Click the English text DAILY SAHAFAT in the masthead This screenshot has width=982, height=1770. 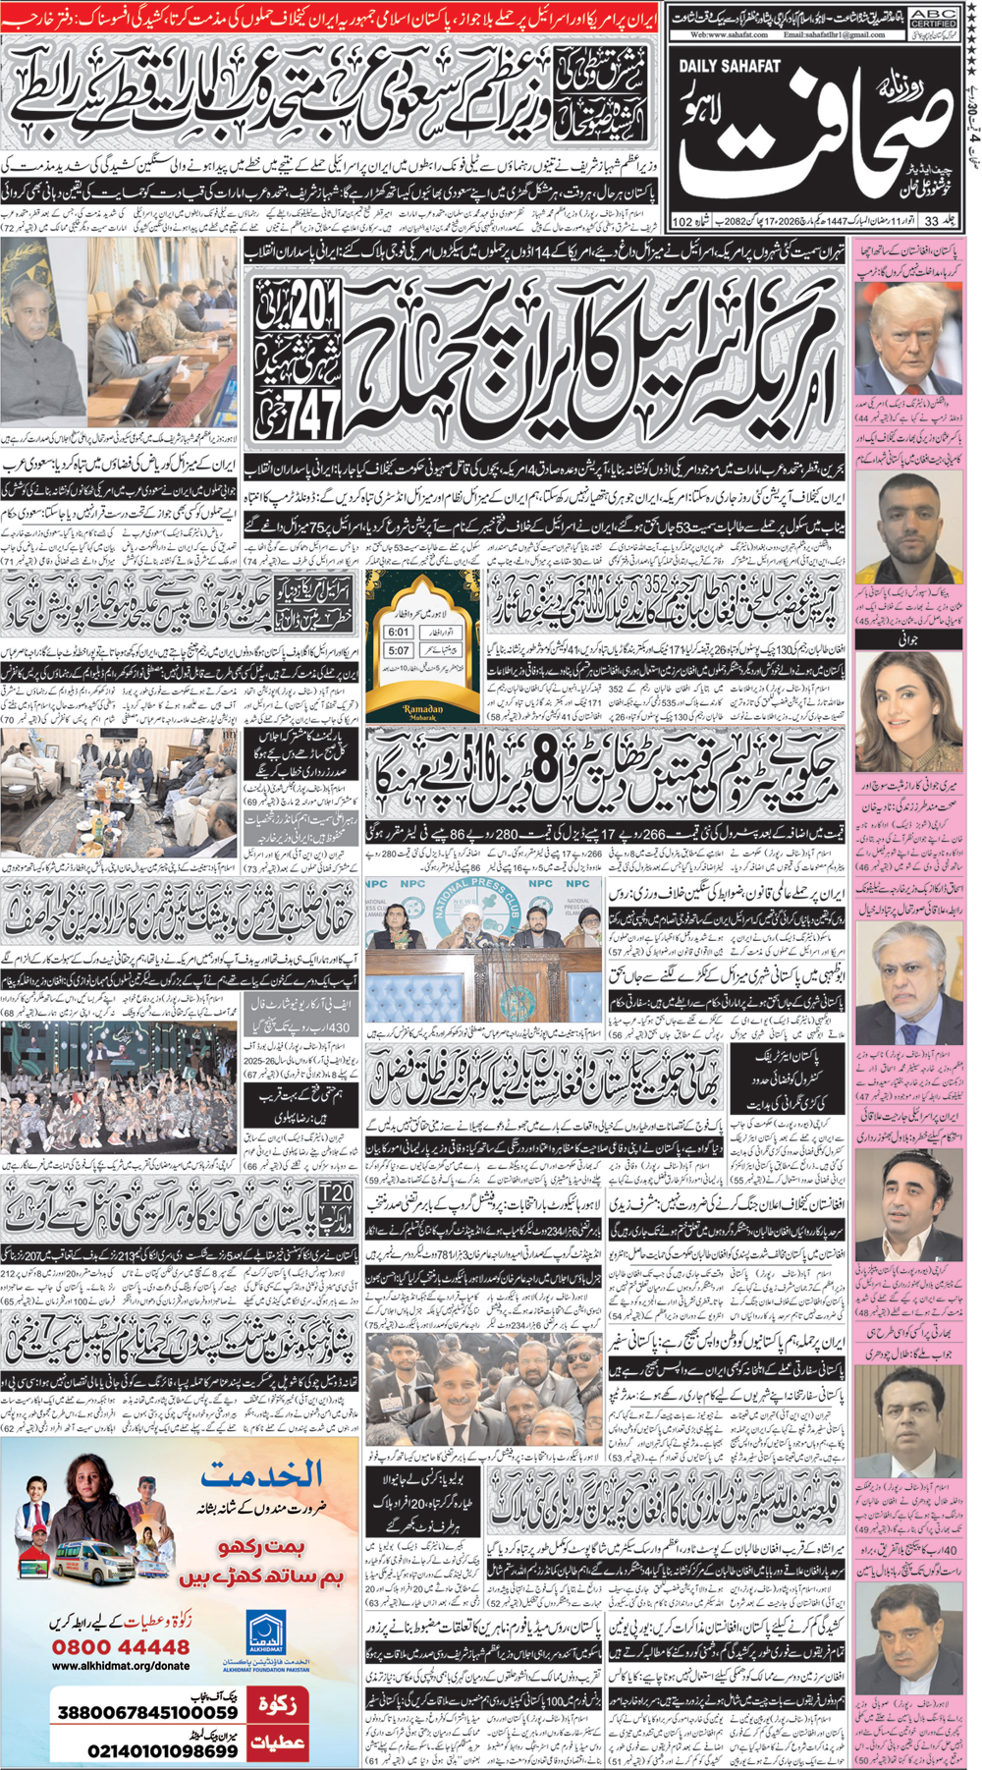click(x=730, y=67)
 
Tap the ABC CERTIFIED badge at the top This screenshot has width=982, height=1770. click(x=934, y=16)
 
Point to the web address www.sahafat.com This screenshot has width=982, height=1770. click(x=728, y=34)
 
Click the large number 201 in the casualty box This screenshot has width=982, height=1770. click(x=314, y=314)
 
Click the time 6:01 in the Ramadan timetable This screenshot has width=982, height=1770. click(x=399, y=633)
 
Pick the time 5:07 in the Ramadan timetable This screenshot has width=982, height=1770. click(x=399, y=650)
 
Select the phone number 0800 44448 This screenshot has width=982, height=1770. click(x=121, y=1647)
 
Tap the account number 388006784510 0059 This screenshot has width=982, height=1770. click(x=147, y=1712)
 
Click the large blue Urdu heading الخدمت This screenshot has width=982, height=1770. click(x=262, y=1473)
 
